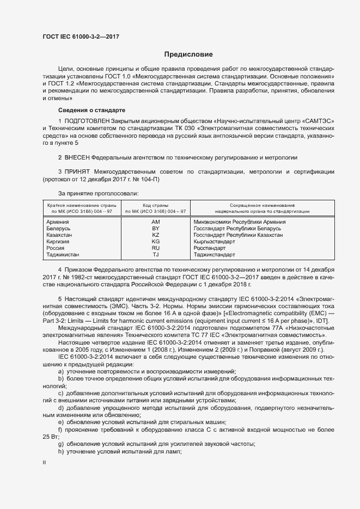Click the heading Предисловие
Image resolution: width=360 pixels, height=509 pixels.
click(188, 54)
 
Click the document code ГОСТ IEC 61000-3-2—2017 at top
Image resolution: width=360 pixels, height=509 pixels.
click(81, 37)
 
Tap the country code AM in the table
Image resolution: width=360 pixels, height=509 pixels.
click(155, 222)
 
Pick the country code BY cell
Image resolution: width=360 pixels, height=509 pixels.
click(155, 229)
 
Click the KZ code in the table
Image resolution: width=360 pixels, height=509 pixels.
click(155, 235)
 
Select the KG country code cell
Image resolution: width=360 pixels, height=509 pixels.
click(155, 241)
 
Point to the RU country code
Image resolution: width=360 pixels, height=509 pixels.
click(155, 248)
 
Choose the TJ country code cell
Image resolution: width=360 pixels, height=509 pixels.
click(155, 254)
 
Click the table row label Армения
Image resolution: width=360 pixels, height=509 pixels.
click(58, 222)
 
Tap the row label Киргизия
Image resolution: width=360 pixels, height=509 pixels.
click(59, 241)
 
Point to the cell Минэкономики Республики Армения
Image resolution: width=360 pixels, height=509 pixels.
click(240, 222)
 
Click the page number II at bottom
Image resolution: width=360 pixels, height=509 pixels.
click(44, 462)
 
